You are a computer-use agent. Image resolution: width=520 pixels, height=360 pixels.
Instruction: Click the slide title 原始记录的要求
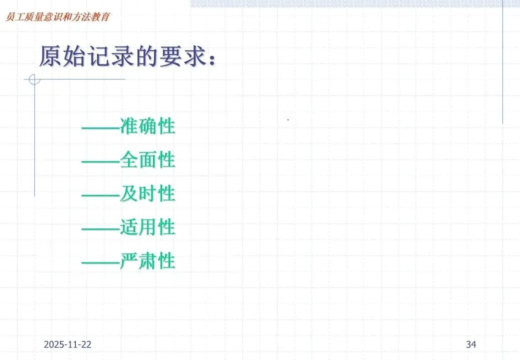click(128, 56)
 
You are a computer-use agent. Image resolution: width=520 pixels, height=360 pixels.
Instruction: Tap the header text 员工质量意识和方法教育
click(56, 16)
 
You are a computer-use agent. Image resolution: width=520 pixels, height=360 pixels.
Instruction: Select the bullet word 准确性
click(147, 126)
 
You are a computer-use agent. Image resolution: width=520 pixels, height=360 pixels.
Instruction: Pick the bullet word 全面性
click(147, 160)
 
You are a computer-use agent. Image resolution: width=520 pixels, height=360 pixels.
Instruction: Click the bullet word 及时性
click(147, 194)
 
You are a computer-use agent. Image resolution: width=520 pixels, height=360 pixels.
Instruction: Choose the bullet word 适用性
click(147, 227)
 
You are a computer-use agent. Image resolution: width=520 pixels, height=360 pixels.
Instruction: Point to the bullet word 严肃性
click(147, 261)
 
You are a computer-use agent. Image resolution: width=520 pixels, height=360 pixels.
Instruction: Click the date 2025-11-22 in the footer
click(67, 344)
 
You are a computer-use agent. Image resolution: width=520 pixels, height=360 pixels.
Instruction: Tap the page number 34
click(471, 344)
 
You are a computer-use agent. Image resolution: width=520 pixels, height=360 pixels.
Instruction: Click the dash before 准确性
click(100, 127)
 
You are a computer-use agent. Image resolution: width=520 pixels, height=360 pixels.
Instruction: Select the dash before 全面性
click(100, 161)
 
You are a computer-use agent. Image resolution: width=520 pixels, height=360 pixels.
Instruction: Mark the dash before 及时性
click(100, 194)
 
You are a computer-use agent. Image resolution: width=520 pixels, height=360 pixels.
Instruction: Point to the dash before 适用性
click(100, 228)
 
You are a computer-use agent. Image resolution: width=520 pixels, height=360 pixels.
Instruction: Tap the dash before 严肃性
click(100, 261)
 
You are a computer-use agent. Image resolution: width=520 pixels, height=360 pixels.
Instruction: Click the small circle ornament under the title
click(34, 79)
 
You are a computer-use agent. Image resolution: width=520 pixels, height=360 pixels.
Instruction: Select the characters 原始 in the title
click(61, 56)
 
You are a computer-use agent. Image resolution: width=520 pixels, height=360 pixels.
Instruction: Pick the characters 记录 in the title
click(106, 56)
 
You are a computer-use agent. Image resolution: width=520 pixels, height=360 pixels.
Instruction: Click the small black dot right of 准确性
click(288, 120)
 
